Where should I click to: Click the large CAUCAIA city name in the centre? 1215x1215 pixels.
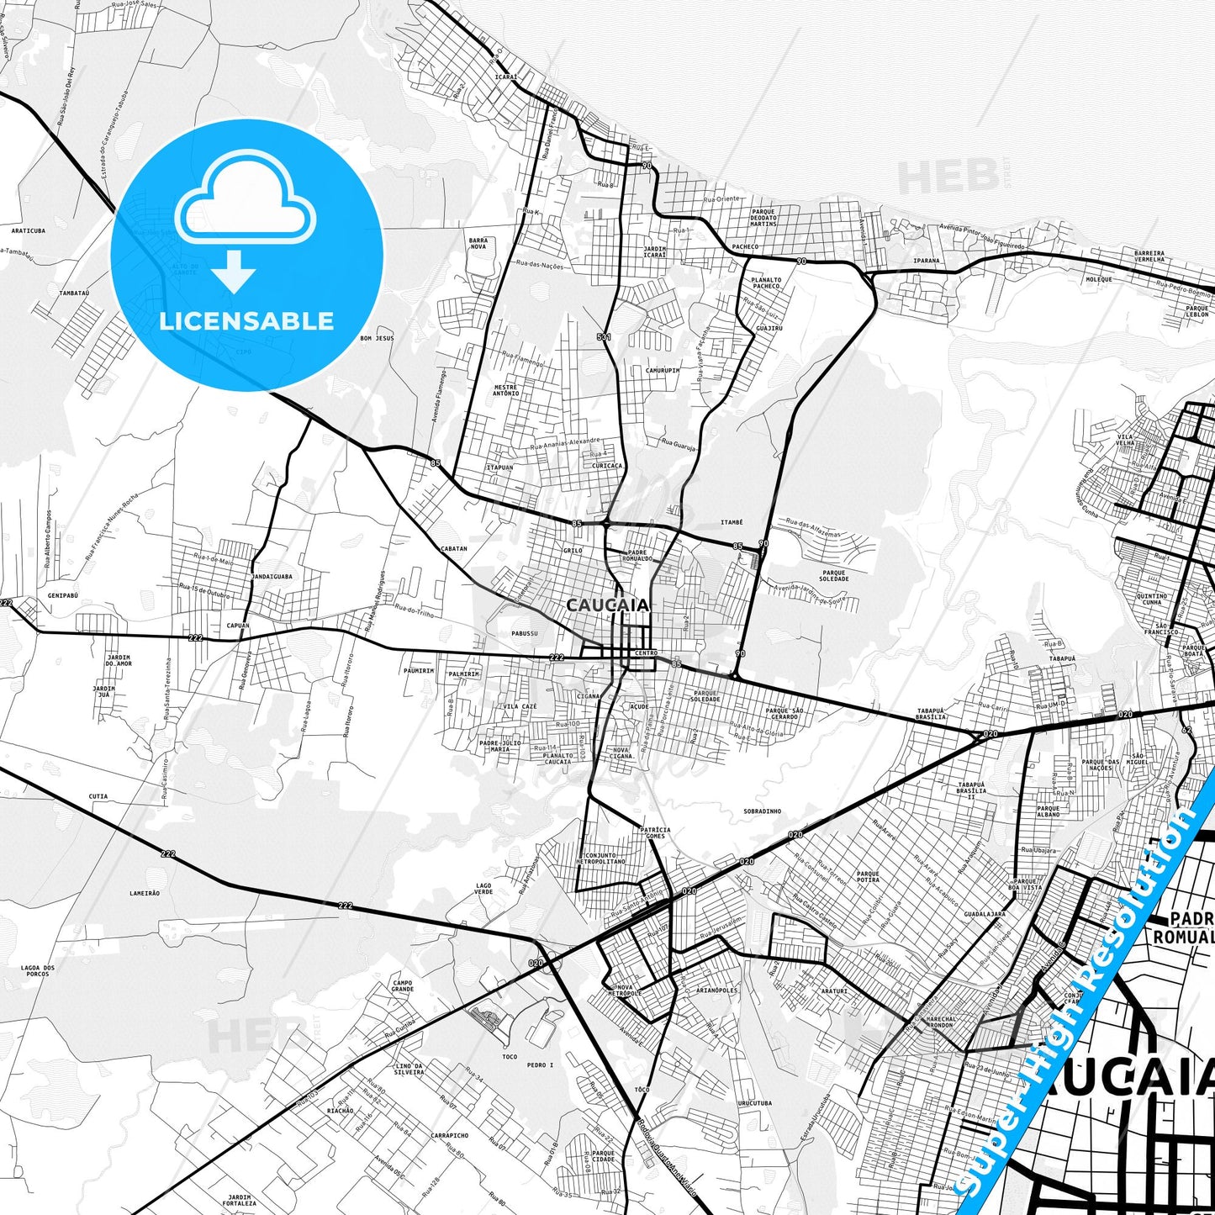point(607,605)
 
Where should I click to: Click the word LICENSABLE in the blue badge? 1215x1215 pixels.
point(246,320)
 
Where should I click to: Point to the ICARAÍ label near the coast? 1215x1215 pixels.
point(505,77)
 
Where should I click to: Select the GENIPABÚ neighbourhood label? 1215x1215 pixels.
point(62,594)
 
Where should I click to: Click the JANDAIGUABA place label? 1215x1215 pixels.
point(272,577)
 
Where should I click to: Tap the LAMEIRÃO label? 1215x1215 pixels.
point(145,893)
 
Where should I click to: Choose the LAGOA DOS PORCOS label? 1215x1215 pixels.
point(38,970)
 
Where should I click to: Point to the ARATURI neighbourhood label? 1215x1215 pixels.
point(834,991)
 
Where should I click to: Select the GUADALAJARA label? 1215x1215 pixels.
point(985,913)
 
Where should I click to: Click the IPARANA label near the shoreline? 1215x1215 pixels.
point(927,261)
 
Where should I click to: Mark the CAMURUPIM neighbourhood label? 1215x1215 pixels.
point(663,370)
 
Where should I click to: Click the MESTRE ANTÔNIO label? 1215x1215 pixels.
point(505,390)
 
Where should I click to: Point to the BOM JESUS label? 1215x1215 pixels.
point(377,338)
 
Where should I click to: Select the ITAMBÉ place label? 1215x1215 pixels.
point(732,522)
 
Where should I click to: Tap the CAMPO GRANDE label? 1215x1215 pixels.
point(402,985)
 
